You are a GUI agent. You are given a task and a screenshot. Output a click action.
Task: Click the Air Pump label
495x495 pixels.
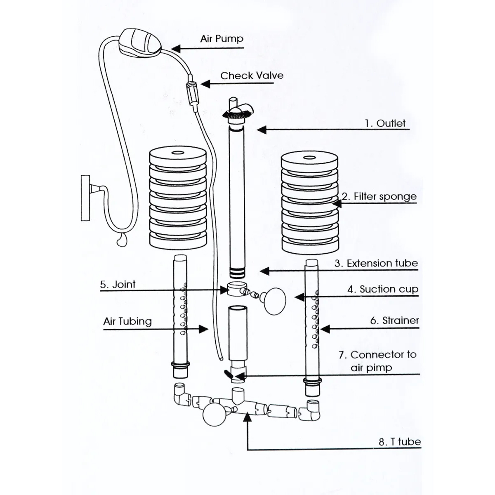tap(222, 39)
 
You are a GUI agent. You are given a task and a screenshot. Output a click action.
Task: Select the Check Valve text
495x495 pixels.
tap(252, 75)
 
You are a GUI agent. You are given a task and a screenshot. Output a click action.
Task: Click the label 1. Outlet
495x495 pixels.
tap(385, 123)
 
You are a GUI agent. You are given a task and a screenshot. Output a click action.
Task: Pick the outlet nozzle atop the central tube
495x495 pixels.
tap(239, 110)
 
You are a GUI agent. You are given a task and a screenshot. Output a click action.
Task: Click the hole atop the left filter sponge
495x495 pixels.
tap(177, 153)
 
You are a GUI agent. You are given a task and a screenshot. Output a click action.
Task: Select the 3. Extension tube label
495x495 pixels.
tap(376, 263)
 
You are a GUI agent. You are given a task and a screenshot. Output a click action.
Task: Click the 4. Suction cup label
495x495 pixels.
tap(382, 289)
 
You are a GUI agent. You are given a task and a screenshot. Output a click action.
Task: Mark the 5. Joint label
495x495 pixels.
tap(118, 284)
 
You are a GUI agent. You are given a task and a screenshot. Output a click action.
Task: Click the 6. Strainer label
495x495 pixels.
tap(394, 321)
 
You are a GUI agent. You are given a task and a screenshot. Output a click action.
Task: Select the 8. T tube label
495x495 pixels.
tap(399, 441)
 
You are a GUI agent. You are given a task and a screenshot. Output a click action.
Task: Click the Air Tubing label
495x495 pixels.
tap(127, 321)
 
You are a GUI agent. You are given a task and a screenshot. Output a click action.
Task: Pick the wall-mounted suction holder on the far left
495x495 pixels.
tap(86, 198)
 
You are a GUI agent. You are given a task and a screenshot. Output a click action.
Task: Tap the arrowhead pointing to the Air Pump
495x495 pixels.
tap(175, 49)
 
